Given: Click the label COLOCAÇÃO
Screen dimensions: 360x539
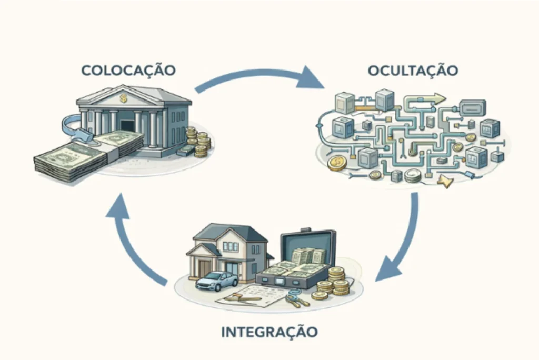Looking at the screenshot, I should (x=128, y=70).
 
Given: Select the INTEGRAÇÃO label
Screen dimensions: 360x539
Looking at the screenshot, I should (x=269, y=332).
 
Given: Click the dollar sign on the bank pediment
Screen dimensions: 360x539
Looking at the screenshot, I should (x=123, y=98).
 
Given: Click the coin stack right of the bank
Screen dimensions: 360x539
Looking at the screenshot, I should (x=201, y=142).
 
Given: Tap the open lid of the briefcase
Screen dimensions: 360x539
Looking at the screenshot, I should (x=307, y=247).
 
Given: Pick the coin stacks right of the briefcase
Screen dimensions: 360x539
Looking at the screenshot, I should (x=335, y=282).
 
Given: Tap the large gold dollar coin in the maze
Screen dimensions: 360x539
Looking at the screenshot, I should (x=337, y=163).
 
